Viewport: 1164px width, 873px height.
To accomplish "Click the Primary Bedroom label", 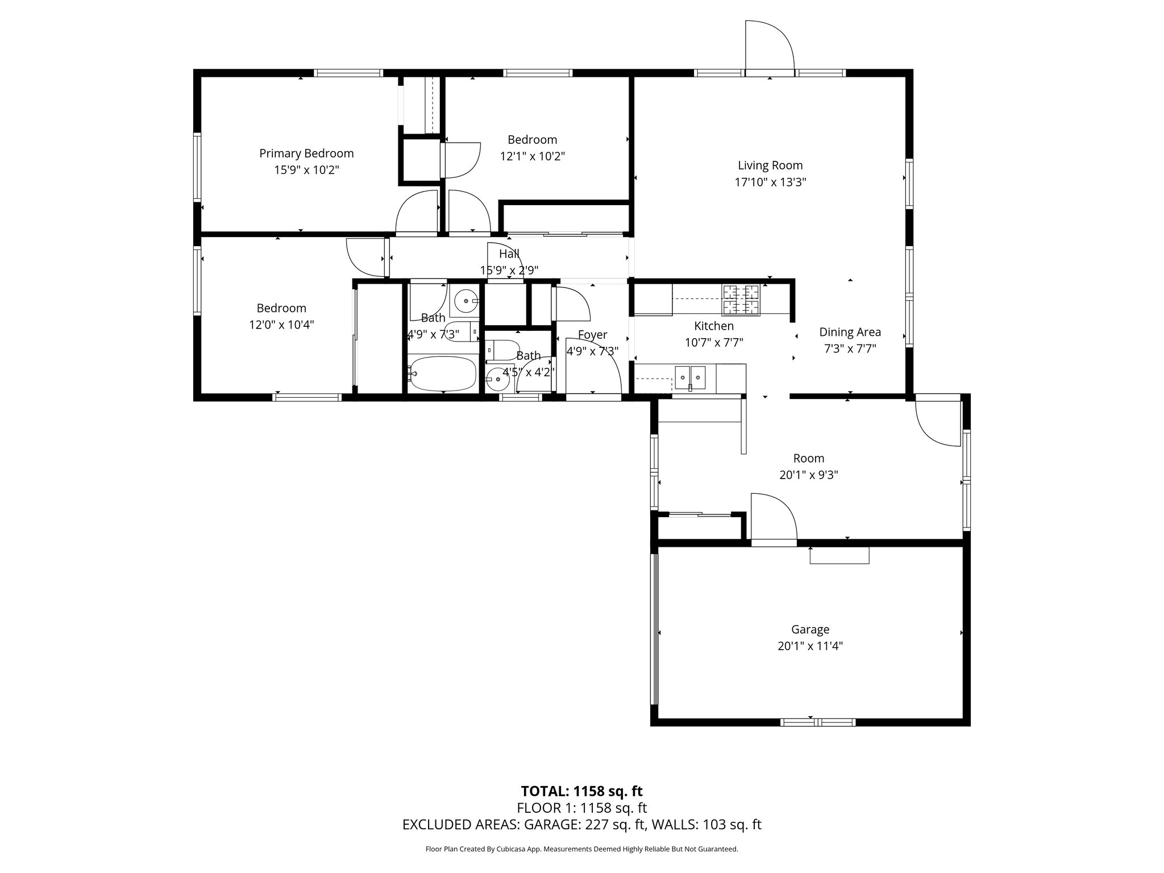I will [x=306, y=153].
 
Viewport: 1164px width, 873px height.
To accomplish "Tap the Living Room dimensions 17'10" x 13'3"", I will [x=770, y=182].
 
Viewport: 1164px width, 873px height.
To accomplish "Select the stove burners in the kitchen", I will [x=741, y=300].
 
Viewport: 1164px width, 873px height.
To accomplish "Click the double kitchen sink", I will [x=690, y=377].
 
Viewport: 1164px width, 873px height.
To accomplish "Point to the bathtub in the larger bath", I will [x=442, y=373].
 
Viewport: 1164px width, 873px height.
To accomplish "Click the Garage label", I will [x=810, y=629].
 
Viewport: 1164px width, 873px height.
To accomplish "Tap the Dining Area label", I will [x=850, y=332].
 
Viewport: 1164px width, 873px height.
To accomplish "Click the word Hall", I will [x=509, y=254].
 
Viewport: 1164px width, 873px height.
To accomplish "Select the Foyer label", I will [x=592, y=335].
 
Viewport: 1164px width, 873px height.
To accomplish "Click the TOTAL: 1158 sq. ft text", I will [x=581, y=791].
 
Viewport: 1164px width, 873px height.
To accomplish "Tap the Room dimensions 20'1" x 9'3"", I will [x=808, y=475].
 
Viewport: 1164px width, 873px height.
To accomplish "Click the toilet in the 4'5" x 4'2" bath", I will [x=503, y=349].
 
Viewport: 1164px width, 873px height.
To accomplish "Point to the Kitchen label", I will [x=714, y=326].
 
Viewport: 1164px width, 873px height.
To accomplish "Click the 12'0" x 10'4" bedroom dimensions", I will [x=281, y=325].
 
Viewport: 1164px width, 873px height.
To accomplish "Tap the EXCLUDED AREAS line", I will [x=581, y=824].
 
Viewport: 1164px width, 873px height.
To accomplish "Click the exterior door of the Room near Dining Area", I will [x=937, y=421].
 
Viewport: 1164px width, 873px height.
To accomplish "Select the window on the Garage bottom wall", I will [x=817, y=722].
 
